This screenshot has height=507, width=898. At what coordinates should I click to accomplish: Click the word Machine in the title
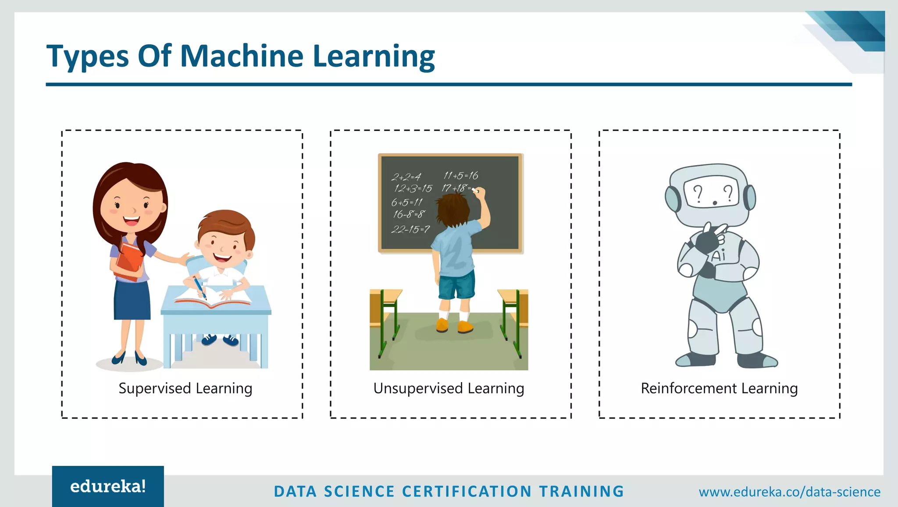[242, 56]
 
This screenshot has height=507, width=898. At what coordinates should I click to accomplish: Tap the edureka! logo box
[108, 486]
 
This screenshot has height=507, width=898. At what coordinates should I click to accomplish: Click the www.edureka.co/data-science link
[789, 492]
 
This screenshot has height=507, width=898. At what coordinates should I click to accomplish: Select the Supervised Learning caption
[185, 388]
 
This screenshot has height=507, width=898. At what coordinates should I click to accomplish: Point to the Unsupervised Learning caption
[449, 388]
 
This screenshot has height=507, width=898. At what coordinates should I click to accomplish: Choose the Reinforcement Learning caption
[719, 388]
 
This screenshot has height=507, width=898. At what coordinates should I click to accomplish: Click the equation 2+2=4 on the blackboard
[406, 177]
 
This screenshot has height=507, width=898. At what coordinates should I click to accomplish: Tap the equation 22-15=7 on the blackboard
[410, 229]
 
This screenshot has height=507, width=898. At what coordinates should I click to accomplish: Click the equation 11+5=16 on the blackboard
[460, 176]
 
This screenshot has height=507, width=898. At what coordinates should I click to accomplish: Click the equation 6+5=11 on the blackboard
[406, 202]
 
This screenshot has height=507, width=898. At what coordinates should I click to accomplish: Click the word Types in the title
[88, 57]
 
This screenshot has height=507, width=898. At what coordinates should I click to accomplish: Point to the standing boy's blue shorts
[456, 284]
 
